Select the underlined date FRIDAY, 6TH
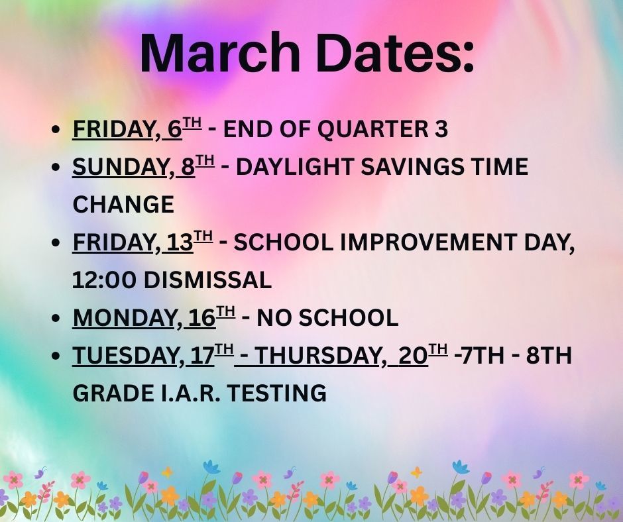[137, 130]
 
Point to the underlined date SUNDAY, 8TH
[143, 167]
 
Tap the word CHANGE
[123, 205]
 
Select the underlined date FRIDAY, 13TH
[142, 242]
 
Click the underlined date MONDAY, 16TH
[154, 318]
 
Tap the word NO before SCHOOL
[270, 318]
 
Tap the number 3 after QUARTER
[440, 130]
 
